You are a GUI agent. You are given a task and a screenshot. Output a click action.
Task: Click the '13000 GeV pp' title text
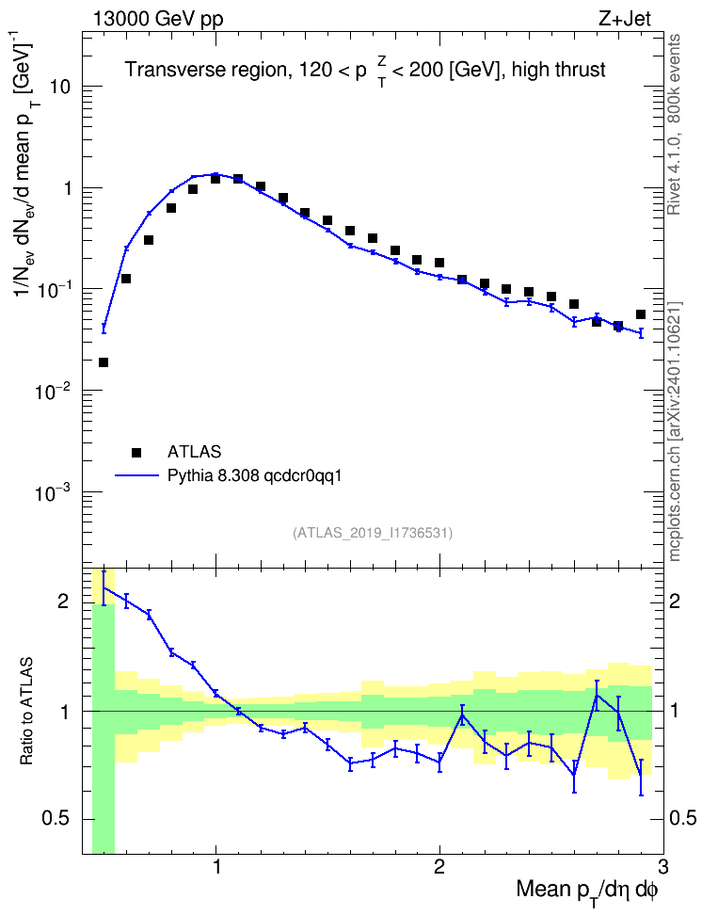click(x=157, y=19)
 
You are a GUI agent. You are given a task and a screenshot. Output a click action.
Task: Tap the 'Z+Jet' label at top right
click(x=625, y=19)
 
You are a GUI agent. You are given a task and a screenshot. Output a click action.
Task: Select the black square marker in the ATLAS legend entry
click(x=136, y=452)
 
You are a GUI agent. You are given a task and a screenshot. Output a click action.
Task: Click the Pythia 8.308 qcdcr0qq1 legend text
click(x=254, y=476)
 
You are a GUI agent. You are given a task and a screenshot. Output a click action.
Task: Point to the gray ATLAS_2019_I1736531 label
click(x=373, y=532)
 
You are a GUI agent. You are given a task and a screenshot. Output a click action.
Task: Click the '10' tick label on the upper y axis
click(x=58, y=87)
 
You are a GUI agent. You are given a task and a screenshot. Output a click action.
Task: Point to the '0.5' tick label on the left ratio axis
click(x=56, y=819)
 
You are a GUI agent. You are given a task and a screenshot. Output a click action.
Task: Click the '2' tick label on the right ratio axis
click(x=675, y=601)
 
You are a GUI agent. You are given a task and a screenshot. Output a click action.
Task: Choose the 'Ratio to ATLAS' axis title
click(x=26, y=712)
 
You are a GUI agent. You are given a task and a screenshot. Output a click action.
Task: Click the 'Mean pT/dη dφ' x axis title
click(x=587, y=891)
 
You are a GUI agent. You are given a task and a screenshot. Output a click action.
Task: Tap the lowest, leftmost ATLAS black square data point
click(x=104, y=362)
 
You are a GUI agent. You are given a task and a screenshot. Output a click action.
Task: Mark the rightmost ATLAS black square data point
click(x=641, y=314)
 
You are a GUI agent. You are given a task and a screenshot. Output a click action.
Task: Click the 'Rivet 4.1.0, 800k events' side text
click(x=674, y=124)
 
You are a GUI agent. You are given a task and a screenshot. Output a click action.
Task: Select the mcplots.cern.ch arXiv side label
click(x=674, y=431)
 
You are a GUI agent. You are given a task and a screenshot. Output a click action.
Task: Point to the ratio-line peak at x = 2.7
click(x=597, y=694)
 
